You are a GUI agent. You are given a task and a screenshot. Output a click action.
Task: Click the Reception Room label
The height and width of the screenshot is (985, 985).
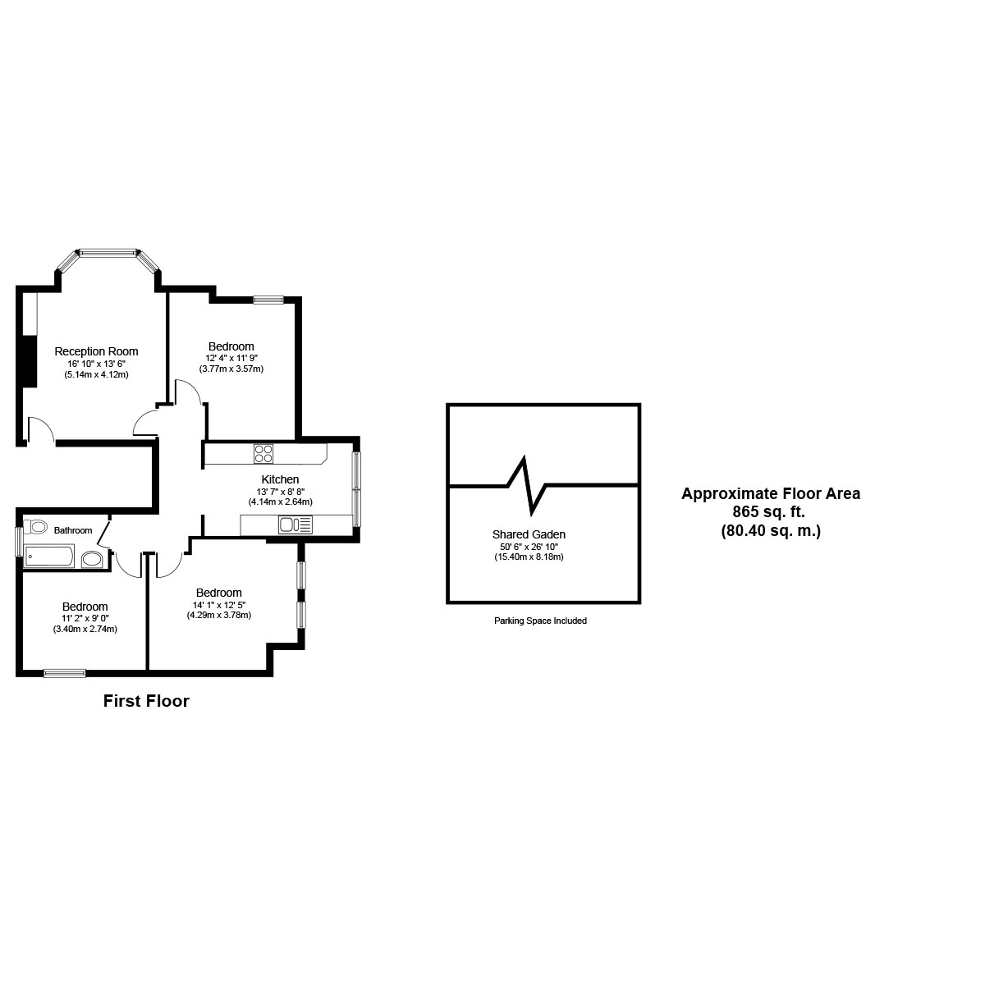(x=96, y=351)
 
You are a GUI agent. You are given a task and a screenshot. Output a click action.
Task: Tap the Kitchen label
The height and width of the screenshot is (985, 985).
(x=280, y=479)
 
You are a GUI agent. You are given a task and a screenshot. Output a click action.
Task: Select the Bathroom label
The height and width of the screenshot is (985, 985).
(x=73, y=530)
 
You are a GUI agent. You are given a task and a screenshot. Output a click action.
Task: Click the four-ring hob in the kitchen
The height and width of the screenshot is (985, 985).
(x=263, y=453)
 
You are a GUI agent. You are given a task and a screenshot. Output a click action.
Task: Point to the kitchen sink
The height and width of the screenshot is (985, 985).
(x=295, y=525)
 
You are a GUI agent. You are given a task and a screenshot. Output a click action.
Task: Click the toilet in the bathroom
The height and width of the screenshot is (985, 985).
(x=35, y=525)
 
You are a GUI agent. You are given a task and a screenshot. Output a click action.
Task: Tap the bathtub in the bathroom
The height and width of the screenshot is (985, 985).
(x=49, y=557)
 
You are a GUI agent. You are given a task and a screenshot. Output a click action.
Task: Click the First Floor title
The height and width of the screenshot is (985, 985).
(x=146, y=701)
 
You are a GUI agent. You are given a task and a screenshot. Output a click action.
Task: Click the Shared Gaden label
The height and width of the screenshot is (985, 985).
(x=529, y=534)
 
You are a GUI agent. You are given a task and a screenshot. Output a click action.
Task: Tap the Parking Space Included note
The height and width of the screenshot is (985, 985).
(x=540, y=621)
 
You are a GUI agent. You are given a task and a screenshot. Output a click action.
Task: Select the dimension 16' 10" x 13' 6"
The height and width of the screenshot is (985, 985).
(x=96, y=364)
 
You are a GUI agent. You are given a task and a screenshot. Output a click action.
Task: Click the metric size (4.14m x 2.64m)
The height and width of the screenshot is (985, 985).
(x=280, y=502)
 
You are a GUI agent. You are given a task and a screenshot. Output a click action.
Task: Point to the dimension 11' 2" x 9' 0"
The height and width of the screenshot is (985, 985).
(x=85, y=619)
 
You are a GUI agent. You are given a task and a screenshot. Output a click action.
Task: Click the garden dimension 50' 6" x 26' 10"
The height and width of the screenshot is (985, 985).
(x=529, y=547)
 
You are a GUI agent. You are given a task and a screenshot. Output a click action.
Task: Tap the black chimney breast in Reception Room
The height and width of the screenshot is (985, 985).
(x=30, y=361)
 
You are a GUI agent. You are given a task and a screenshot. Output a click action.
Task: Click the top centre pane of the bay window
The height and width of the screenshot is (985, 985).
(x=108, y=252)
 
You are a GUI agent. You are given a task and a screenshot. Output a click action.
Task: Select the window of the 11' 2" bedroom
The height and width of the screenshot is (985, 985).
(x=64, y=674)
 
